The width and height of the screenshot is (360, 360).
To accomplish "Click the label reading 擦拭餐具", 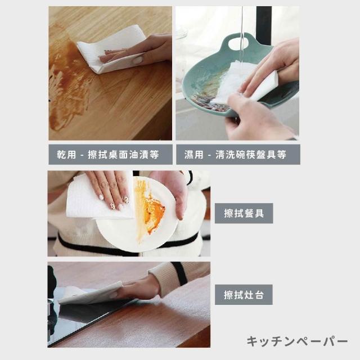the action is click(244, 213).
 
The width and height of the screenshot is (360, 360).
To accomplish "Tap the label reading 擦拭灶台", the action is click(244, 295).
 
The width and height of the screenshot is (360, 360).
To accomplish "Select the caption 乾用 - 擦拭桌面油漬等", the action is click(108, 154).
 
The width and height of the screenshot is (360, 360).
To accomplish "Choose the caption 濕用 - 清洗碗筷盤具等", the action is click(235, 155).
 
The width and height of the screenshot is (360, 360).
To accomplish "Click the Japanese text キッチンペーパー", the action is click(297, 341).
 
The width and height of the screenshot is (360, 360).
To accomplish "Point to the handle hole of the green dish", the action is click(238, 43).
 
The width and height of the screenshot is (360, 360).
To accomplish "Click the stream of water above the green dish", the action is click(242, 34).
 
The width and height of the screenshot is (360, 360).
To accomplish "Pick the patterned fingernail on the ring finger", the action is click(112, 206).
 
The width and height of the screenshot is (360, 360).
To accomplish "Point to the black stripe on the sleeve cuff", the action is click(179, 273).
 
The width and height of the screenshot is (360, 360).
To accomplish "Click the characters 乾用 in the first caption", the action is click(66, 154).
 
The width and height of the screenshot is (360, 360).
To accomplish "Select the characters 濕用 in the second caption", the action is click(194, 155).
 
